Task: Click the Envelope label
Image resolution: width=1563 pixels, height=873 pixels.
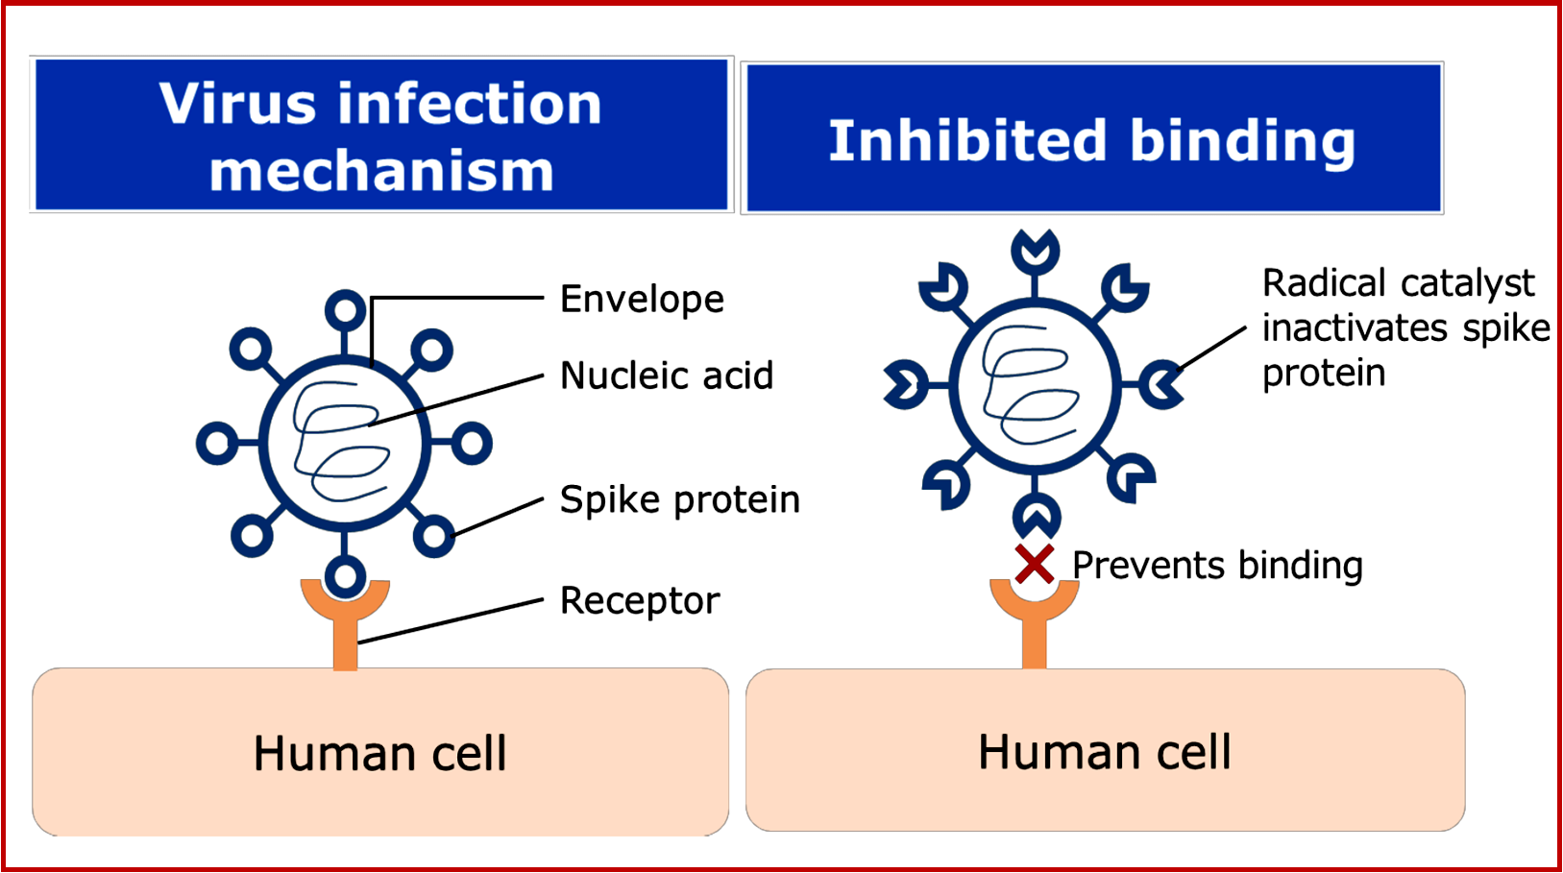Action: coord(641,300)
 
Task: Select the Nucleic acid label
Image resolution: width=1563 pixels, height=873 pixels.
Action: coord(666,376)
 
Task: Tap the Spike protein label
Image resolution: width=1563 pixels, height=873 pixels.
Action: coord(679,499)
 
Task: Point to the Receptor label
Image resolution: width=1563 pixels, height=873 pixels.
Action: coord(639,601)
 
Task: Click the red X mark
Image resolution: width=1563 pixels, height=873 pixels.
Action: coord(1034,565)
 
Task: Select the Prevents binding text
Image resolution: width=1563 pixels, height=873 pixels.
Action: coord(1216,566)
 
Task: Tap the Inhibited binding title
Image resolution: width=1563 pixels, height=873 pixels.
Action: coord(1091,141)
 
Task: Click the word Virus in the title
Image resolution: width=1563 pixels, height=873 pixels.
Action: coord(236,104)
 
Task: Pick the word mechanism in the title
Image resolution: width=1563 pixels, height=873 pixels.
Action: coord(381,171)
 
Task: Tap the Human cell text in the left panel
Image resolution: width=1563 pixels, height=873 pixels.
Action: coord(379,753)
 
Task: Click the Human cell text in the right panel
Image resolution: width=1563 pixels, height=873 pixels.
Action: coord(1104,752)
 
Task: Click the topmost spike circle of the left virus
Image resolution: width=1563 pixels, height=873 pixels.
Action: coord(345,310)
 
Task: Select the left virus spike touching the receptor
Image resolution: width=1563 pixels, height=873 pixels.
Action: coord(345,576)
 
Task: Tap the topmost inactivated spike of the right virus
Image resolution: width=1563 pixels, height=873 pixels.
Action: coord(1035,252)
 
